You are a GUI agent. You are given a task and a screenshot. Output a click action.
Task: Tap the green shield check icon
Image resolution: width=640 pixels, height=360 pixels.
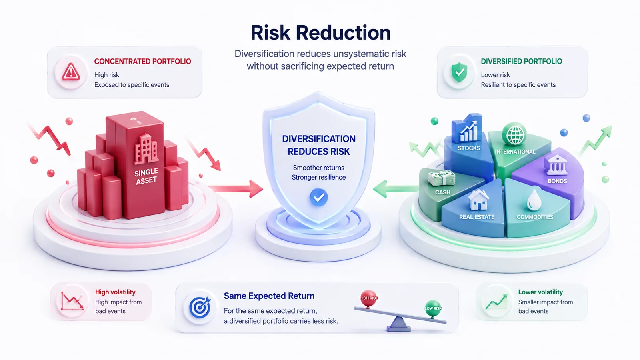[x=460, y=72]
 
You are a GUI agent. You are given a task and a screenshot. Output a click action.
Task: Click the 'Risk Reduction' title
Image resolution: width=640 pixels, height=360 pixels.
[x=320, y=32]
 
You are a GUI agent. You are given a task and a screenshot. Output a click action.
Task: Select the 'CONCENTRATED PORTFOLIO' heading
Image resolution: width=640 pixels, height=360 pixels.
[x=142, y=62]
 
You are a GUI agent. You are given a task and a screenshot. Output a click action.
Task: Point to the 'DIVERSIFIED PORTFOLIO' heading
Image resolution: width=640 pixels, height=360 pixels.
[x=522, y=62]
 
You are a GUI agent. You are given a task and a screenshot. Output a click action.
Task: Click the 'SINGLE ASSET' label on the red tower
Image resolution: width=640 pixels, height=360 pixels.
[x=146, y=176]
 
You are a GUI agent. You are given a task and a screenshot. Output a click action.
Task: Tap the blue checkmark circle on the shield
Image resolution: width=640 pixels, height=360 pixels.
[x=318, y=197]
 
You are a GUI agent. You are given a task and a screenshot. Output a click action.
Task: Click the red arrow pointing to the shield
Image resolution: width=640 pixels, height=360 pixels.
[x=236, y=188]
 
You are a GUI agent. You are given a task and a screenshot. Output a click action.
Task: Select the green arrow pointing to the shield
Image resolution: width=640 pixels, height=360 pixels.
[x=396, y=188]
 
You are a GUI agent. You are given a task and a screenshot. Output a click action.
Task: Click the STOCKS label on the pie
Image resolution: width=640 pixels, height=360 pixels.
[x=469, y=148]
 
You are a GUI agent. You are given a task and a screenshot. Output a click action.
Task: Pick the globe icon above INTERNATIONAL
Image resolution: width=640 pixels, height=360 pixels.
[x=514, y=134]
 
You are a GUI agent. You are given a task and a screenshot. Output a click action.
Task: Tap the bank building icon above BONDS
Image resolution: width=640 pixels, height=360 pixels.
[x=556, y=165]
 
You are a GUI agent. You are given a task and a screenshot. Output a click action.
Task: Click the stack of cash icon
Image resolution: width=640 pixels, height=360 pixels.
[x=442, y=178]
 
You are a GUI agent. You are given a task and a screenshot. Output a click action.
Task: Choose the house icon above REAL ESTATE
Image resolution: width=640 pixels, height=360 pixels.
[x=478, y=200]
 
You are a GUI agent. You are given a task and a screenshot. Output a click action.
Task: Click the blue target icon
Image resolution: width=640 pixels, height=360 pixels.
[x=200, y=307]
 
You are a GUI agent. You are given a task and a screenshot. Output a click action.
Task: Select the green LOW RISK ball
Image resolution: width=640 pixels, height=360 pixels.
[x=433, y=308]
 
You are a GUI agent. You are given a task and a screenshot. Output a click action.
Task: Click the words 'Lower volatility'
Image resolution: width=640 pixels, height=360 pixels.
[x=540, y=292]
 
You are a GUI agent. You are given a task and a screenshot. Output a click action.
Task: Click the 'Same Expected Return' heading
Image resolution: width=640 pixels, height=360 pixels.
[x=269, y=296]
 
